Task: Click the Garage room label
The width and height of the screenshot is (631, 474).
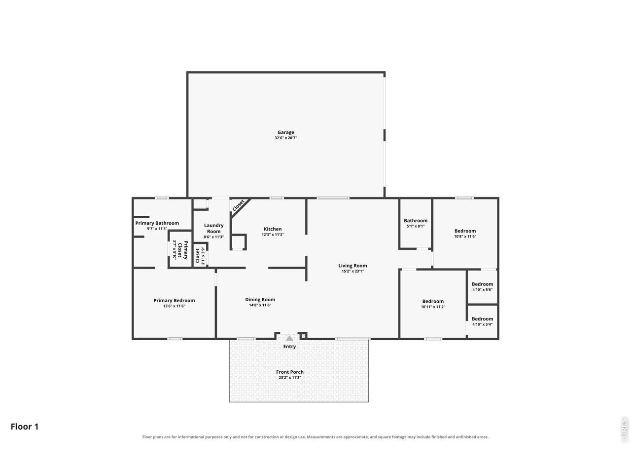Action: [x=285, y=132]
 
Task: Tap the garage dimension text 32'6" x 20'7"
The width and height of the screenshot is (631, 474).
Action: [x=285, y=138]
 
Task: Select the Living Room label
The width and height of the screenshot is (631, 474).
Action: [x=352, y=266]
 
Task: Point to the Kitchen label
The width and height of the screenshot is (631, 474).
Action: [x=273, y=229]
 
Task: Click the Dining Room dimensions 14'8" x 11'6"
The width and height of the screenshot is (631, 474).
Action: [x=260, y=305]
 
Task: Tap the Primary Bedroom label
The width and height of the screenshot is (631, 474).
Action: [x=174, y=301]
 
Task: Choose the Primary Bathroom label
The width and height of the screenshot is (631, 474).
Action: [x=157, y=223]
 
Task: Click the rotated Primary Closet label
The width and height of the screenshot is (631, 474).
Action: [x=182, y=250]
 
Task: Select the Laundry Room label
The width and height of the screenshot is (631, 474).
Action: [x=213, y=228]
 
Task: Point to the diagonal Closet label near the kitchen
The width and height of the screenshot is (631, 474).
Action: [x=238, y=205]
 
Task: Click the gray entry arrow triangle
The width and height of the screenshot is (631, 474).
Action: [x=289, y=338]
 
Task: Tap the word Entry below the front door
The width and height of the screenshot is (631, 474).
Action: [x=289, y=347]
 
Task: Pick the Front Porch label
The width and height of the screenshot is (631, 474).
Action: [x=289, y=372]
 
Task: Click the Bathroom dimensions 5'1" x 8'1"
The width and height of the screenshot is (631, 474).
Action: [x=416, y=226]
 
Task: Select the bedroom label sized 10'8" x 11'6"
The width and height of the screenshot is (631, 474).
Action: [x=465, y=231]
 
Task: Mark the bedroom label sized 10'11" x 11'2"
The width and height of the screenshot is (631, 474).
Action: [x=433, y=301]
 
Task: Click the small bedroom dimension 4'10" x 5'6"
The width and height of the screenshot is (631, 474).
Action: [x=482, y=289]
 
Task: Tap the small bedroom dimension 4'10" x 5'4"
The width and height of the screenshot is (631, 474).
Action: [x=482, y=324]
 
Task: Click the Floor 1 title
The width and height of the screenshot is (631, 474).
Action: [x=25, y=427]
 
